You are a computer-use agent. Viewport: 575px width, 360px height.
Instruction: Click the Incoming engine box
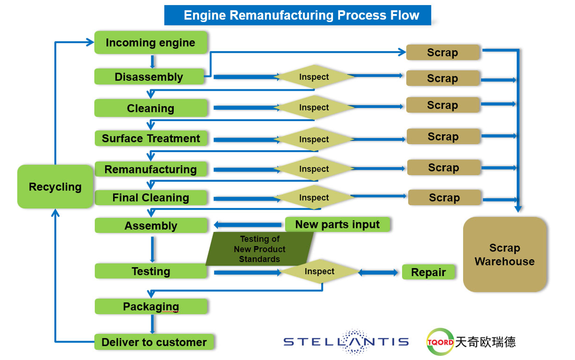pos(151,43)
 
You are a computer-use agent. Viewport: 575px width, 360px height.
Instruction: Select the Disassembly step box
pos(149,77)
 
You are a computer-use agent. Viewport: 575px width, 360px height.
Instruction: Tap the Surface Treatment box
pos(151,139)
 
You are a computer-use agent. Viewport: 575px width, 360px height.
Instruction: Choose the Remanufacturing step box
pos(151,169)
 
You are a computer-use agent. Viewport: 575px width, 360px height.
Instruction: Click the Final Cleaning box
pos(151,198)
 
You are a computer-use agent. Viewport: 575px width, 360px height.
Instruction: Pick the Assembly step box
pos(151,226)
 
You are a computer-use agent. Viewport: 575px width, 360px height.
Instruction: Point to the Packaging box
pos(151,306)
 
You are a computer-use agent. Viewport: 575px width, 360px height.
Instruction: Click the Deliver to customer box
pos(154,342)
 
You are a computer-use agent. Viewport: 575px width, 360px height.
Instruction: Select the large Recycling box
pos(55,187)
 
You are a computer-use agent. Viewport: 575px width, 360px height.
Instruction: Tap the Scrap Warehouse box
pos(504,255)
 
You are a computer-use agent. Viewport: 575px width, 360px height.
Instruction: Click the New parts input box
pos(337,224)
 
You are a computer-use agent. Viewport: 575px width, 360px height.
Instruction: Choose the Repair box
pos(428,272)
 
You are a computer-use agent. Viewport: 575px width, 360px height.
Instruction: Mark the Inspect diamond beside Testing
pos(319,272)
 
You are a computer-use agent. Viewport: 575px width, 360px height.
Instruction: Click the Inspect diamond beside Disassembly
pos(314,77)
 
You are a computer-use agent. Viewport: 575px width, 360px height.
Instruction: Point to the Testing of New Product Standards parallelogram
pos(260,249)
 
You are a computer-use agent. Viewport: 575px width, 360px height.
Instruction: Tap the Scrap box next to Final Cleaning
pos(444,198)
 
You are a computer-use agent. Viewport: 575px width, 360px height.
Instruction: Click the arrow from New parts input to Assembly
pos(249,225)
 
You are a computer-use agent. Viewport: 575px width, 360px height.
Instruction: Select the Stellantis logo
pos(346,341)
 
